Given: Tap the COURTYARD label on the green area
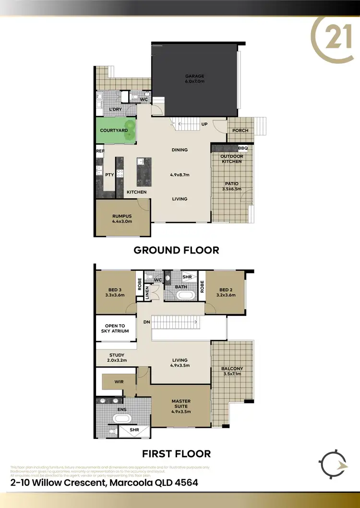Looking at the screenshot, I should [x=113, y=130].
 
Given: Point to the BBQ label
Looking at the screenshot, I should [x=243, y=149].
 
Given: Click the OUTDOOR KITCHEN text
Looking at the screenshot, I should [x=231, y=159].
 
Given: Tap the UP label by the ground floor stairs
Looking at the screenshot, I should [x=204, y=124].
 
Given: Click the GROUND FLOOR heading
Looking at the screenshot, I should [x=176, y=250].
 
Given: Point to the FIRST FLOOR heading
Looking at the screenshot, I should [x=176, y=453].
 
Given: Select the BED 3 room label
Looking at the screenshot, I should [x=115, y=292].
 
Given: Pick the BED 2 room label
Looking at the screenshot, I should [x=226, y=292].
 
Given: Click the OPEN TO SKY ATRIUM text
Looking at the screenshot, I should [x=115, y=328].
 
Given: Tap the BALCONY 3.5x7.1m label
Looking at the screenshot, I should [x=232, y=371].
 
